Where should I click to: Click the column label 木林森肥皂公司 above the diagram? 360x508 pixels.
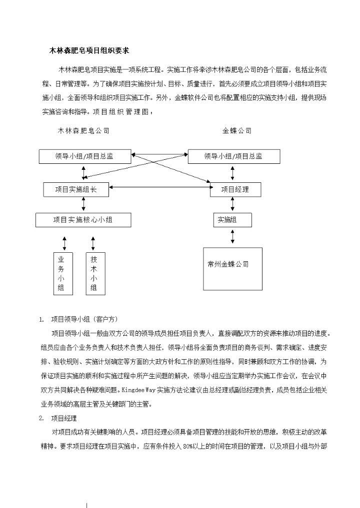point(83,131)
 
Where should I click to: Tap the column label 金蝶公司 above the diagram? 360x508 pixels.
point(236,131)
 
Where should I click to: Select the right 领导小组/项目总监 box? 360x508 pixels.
point(233,156)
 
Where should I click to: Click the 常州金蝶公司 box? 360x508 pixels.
point(232,268)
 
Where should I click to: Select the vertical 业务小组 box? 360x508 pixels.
point(62,273)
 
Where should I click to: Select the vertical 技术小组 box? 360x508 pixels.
point(94,273)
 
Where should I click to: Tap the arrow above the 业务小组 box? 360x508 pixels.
point(64,243)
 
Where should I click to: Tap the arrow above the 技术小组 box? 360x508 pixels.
point(93,243)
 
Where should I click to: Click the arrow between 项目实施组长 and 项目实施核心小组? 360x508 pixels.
point(83,205)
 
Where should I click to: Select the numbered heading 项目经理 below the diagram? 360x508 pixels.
point(64,418)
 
